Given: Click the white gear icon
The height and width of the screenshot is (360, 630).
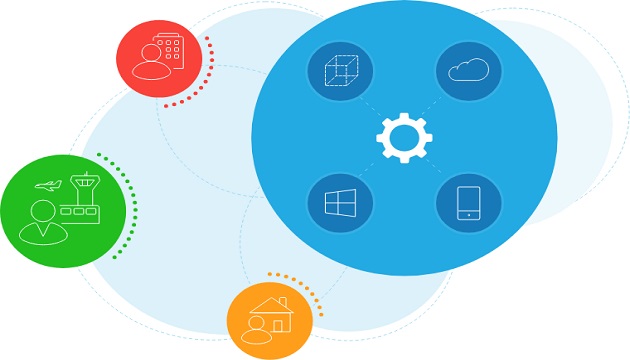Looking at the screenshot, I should pos(404,137).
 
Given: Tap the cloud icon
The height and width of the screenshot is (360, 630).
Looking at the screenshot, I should pos(467,71).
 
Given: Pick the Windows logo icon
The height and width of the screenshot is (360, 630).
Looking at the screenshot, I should pos(340,203).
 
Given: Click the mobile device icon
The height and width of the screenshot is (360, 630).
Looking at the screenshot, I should pos(468,203).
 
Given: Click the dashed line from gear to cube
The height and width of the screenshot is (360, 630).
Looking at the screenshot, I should pos(371,103).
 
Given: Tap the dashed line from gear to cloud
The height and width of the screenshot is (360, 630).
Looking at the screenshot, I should pos(436,103).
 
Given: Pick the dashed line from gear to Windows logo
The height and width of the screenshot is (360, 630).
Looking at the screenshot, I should pos(371,171).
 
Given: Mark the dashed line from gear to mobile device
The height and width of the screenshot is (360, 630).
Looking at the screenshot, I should pos(436,171).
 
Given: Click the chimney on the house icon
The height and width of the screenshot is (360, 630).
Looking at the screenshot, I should pos(283,301).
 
